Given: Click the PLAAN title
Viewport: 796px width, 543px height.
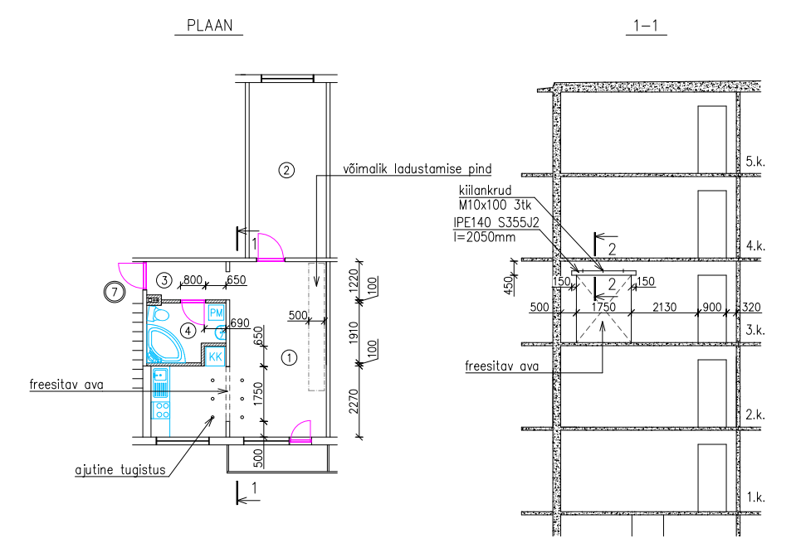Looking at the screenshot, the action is (209, 26).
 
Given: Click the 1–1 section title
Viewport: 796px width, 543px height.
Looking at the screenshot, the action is (646, 26).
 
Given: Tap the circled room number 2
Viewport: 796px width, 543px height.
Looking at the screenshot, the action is (286, 170).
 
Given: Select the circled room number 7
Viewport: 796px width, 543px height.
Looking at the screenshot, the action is (115, 292).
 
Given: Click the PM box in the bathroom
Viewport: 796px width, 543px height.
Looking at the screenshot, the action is (217, 313).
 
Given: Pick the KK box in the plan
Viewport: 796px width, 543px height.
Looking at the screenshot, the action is (215, 356).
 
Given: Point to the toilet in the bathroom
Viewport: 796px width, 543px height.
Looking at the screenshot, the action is (159, 314).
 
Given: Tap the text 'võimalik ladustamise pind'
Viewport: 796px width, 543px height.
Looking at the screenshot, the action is (418, 169).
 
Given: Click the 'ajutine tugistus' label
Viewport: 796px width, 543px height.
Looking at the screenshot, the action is (120, 470).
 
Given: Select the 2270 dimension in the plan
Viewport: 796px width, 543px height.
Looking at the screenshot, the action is (354, 400).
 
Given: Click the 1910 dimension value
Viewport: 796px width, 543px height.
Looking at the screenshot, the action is (354, 332).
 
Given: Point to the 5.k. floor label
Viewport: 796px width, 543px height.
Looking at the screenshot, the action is (754, 162).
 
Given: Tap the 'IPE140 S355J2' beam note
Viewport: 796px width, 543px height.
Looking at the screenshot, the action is (496, 222).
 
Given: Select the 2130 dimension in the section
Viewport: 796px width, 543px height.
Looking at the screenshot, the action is (665, 307).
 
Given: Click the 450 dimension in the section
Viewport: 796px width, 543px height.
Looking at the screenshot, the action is (509, 285).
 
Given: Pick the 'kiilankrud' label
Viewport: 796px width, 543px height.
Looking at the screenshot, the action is (485, 191).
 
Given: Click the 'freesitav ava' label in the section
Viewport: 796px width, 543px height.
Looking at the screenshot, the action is (501, 366).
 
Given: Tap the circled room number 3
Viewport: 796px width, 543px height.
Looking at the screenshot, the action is (164, 280).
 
